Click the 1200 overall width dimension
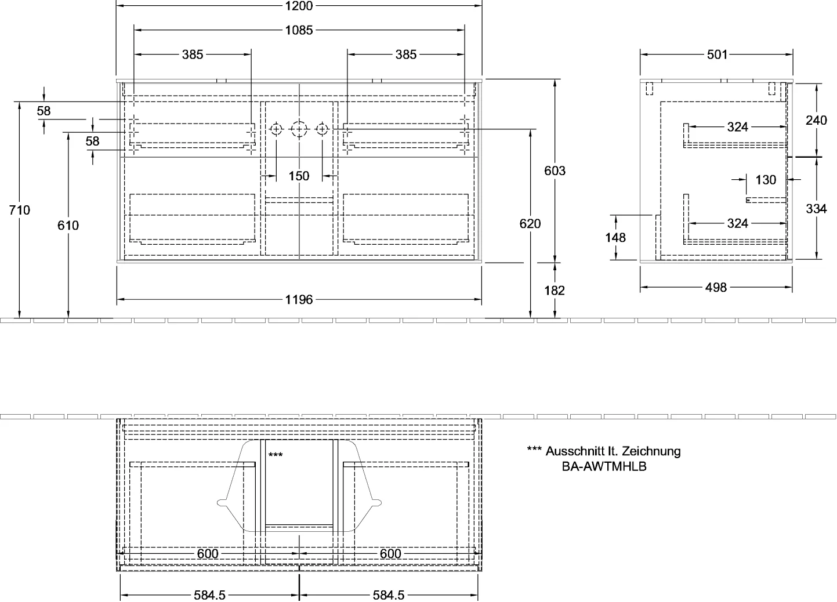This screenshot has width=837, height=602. point(299,6)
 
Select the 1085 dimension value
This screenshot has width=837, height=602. point(299,30)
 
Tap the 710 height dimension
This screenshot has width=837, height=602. point(19,210)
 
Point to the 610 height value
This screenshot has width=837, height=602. point(68,226)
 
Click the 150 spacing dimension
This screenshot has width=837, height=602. point(299,176)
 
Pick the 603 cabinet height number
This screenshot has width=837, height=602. point(555,171)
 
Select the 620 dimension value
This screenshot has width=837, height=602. point(530,224)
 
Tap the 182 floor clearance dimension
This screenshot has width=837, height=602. point(555,291)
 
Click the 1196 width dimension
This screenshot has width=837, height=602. point(299,300)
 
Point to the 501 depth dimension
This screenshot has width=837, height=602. point(717,55)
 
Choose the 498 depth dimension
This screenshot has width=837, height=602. point(716,288)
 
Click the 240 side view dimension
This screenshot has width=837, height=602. point(817,120)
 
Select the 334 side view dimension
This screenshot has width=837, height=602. point(817,209)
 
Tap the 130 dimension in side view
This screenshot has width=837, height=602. point(766,180)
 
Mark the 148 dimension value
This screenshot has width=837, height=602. point(615,238)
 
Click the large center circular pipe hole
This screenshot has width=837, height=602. point(299,129)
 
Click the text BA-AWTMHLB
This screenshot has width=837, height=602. point(604,467)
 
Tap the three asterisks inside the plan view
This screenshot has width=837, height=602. point(276,455)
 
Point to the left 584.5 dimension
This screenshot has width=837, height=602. point(209,595)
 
